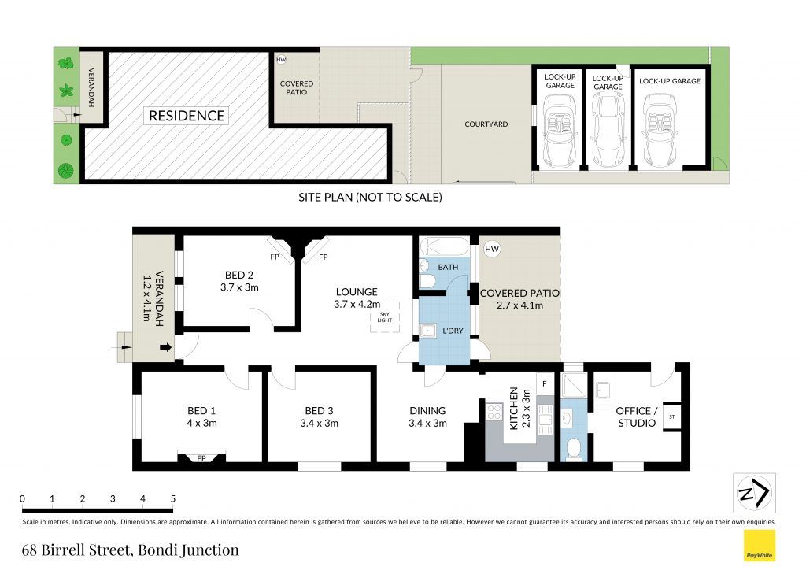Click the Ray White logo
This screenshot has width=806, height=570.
click(x=760, y=546)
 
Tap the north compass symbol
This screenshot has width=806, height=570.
click(x=754, y=492)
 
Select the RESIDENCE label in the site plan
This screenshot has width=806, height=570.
click(x=187, y=116)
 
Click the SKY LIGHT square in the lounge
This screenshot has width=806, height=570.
click(x=384, y=316)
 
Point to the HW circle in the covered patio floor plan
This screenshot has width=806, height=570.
click(x=492, y=250)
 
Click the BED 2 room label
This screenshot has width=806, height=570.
click(x=239, y=275)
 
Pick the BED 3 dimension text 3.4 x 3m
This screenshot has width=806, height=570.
click(x=320, y=423)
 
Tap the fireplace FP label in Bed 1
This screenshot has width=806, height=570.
click(x=201, y=458)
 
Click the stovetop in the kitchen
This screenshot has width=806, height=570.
click(x=494, y=413)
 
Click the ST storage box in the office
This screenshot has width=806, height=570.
click(x=672, y=416)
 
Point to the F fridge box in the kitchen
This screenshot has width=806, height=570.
click(x=545, y=383)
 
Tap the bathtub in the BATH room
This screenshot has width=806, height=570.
click(x=444, y=246)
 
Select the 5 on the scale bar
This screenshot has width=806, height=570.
click(x=172, y=498)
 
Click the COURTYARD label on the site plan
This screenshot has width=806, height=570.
click(x=486, y=124)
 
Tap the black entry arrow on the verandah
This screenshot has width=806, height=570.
click(x=165, y=347)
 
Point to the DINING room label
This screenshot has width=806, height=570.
click(x=427, y=411)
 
